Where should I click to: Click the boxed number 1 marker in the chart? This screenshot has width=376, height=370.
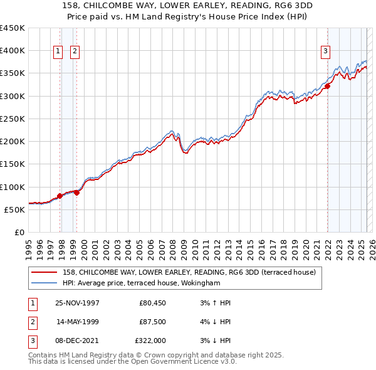[x=58, y=52]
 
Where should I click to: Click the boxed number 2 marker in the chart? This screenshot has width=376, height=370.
[x=75, y=52]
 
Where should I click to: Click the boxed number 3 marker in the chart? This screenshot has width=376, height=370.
[x=326, y=52]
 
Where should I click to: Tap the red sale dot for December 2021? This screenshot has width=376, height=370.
[x=327, y=87]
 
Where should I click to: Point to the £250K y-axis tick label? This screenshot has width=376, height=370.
[x=13, y=119]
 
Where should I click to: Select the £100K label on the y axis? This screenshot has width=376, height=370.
[x=13, y=187]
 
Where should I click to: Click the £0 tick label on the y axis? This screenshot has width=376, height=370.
[x=20, y=232]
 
